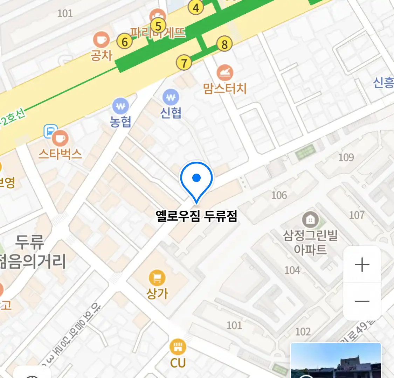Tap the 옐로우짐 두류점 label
(x=196, y=216)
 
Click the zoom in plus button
(x=362, y=265)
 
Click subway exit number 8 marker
(x=224, y=44)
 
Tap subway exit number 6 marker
(x=125, y=42)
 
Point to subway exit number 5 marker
(x=158, y=26)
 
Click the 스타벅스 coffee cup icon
(x=60, y=139)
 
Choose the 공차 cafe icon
(x=101, y=40)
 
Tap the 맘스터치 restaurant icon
(x=225, y=73)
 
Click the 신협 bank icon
(x=171, y=97)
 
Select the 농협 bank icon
(x=120, y=106)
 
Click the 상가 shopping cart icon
(x=157, y=278)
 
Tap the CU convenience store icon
(x=178, y=347)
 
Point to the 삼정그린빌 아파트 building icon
(x=310, y=220)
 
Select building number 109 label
(x=346, y=157)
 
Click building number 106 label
(x=279, y=195)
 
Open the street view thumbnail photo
(x=336, y=360)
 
